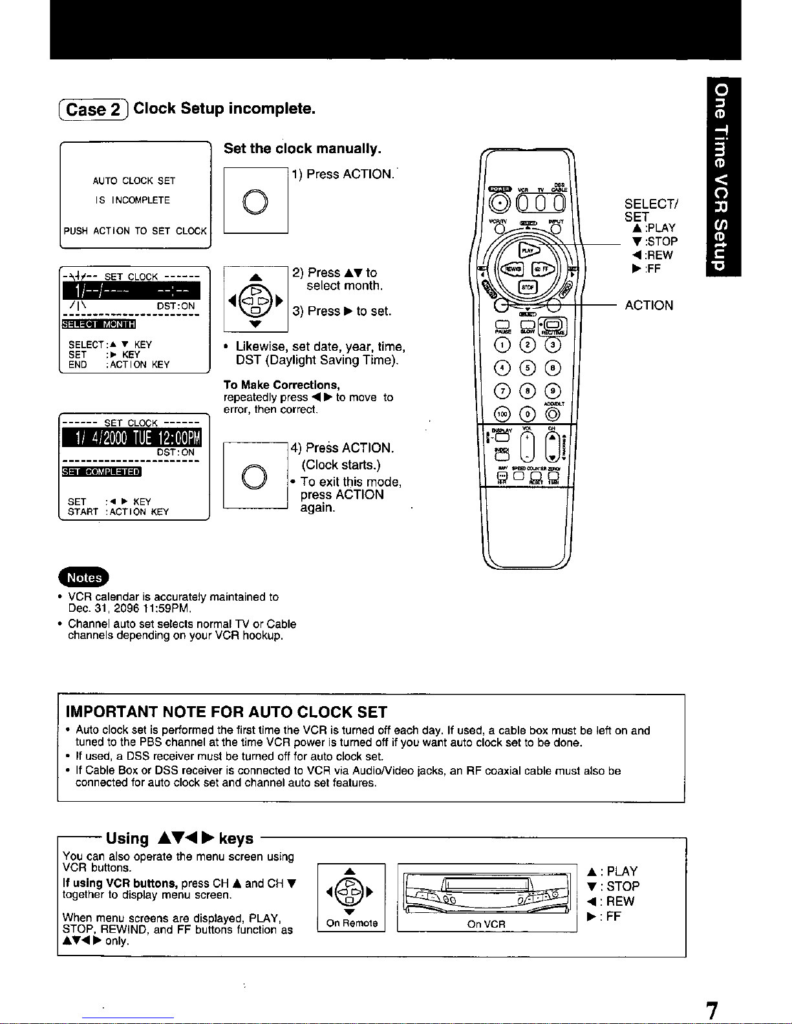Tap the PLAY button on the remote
tap(528, 251)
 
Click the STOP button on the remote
tap(528, 287)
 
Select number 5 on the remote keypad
tap(528, 368)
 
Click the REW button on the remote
tap(513, 269)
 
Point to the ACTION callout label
tap(648, 306)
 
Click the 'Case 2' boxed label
tap(94, 109)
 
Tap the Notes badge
tap(84, 577)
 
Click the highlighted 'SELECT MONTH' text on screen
tap(98, 324)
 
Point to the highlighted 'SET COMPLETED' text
tap(101, 472)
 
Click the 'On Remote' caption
tap(351, 923)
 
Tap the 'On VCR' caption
tap(486, 924)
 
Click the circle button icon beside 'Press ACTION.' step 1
tap(255, 200)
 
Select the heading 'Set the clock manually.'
tap(302, 149)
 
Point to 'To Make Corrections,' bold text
tap(281, 385)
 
